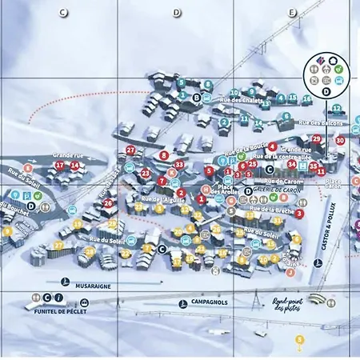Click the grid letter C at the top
tap(63, 13)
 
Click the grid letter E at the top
tap(292, 13)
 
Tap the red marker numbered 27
tap(130, 150)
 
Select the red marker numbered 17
tap(59, 166)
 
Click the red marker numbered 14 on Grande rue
tap(74, 166)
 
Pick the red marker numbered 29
tap(316, 139)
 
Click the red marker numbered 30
tap(340, 141)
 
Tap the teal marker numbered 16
tap(306, 99)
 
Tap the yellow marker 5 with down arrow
tap(300, 342)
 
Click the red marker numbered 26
tap(107, 202)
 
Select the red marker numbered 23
tap(145, 173)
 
